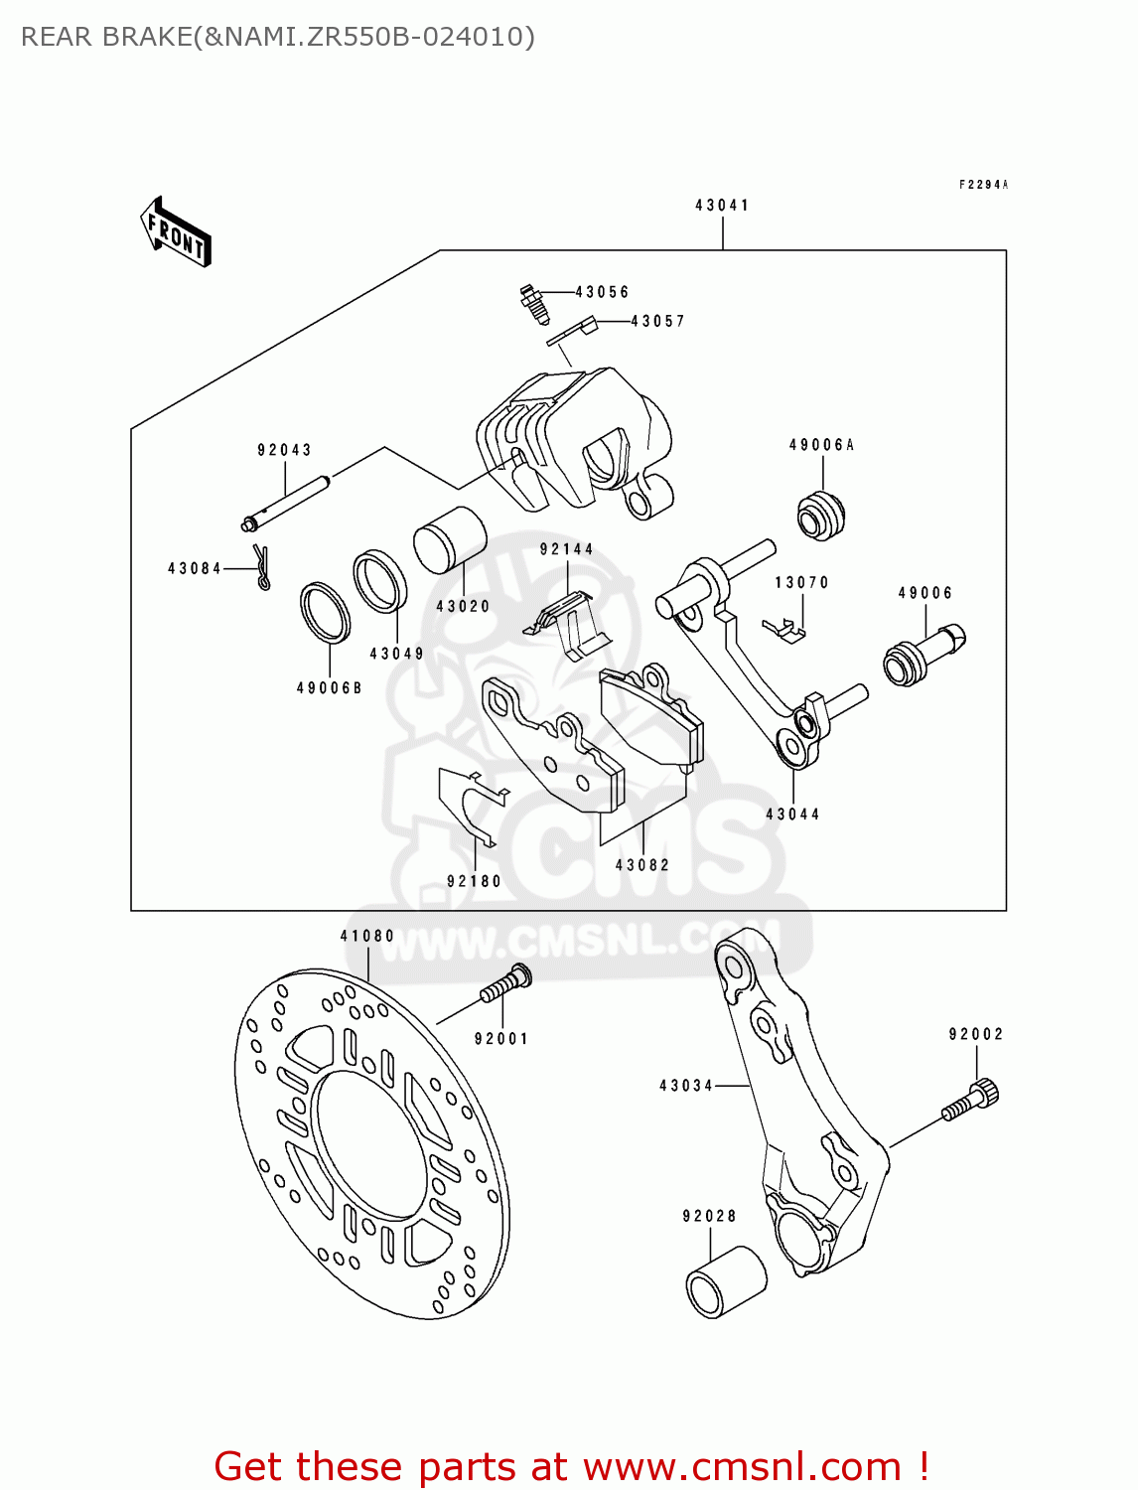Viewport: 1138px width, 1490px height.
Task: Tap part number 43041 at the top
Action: point(722,206)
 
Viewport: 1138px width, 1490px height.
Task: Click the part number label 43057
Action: point(657,321)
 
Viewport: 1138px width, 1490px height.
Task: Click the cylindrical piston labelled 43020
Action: point(449,539)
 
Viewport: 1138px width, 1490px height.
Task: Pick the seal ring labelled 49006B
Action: point(325,613)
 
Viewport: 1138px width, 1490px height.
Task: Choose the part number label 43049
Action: point(396,654)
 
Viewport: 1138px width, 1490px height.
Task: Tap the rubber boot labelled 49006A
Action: point(821,515)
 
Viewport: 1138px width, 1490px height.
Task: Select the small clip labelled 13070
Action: point(784,629)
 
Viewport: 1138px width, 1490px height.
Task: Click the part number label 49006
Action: point(925,593)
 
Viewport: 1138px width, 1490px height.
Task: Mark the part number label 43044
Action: point(792,815)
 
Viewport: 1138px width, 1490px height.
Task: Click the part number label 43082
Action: point(642,865)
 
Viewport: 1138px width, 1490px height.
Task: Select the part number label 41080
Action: point(366,936)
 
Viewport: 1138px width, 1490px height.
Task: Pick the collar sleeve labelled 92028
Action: point(725,1282)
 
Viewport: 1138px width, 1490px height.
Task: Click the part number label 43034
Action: point(686,1086)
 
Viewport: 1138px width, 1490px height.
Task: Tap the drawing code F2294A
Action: point(983,185)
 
